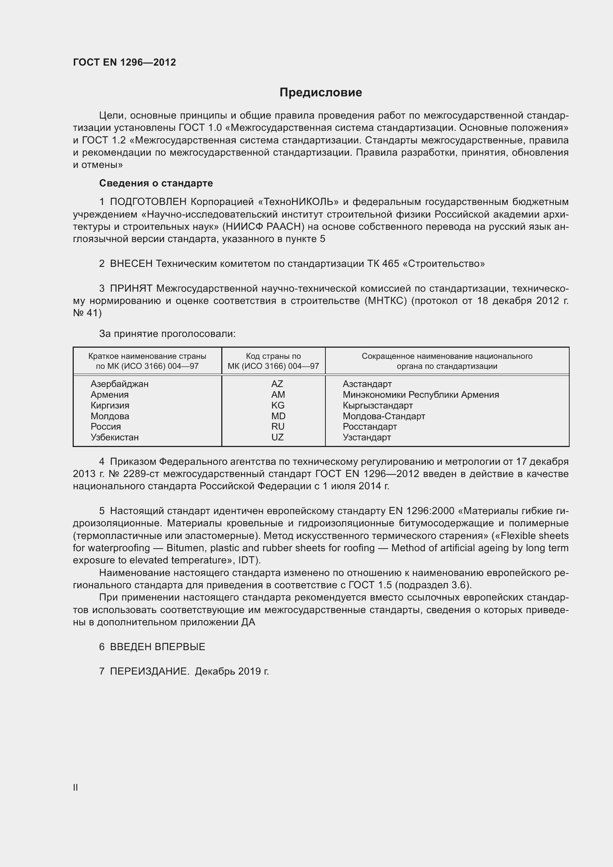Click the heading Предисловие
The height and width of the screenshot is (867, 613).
321,93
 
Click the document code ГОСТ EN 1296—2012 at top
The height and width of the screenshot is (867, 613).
125,62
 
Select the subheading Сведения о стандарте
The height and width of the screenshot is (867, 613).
156,183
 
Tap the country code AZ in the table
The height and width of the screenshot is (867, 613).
277,384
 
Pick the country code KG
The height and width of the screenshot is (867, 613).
278,405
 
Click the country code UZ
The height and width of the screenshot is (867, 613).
278,437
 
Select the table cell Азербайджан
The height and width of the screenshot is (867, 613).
119,384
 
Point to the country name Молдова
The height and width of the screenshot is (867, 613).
110,416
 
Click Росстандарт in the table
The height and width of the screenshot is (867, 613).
370,427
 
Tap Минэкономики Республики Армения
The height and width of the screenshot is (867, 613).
421,395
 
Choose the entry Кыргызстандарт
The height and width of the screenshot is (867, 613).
377,405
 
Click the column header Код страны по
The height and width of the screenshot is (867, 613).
273,356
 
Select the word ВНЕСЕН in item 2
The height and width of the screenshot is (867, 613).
131,264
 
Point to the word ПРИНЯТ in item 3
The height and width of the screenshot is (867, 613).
131,288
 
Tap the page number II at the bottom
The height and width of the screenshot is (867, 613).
76,787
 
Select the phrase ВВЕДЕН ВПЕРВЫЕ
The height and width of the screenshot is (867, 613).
158,647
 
